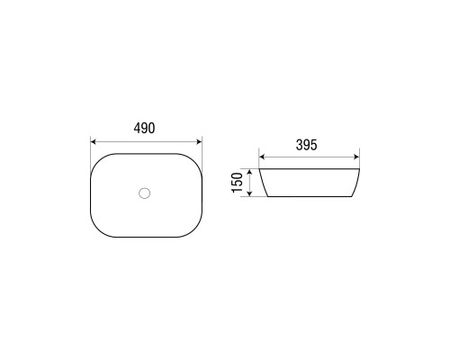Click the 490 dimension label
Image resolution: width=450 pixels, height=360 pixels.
pyautogui.click(x=144, y=129)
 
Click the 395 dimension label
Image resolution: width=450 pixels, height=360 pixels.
pyautogui.click(x=307, y=145)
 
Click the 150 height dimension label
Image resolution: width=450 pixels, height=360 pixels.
pyautogui.click(x=237, y=183)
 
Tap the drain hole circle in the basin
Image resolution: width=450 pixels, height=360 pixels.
pyautogui.click(x=144, y=193)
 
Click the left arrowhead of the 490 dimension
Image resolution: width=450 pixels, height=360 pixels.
pyautogui.click(x=93, y=141)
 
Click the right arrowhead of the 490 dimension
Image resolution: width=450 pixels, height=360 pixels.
pyautogui.click(x=199, y=141)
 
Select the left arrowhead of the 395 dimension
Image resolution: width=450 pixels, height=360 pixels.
pyautogui.click(x=262, y=157)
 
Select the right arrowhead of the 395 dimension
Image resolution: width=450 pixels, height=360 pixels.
pyautogui.click(x=356, y=157)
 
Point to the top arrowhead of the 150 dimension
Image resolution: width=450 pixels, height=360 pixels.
pyautogui.click(x=249, y=172)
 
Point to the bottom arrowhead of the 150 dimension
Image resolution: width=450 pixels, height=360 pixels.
pyautogui.click(x=249, y=193)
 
